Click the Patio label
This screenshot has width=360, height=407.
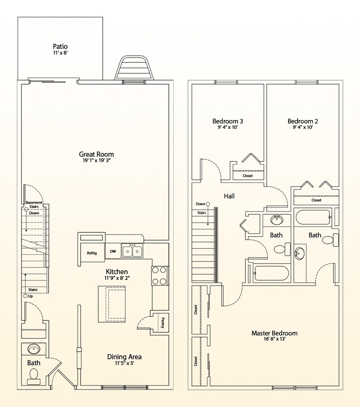(60, 47)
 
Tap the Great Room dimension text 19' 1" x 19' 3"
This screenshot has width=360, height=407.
(97, 161)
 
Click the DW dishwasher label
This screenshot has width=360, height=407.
(113, 251)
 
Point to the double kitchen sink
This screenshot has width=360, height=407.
(132, 251)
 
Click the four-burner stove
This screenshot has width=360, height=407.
(159, 276)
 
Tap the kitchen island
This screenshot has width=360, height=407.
(112, 304)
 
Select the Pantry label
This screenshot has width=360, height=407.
(163, 323)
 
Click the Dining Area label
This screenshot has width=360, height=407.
(124, 357)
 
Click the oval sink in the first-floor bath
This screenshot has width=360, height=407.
(34, 349)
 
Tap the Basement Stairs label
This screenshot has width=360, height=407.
(34, 205)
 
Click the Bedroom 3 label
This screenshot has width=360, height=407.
(228, 121)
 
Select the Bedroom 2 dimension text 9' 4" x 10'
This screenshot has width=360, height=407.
(303, 127)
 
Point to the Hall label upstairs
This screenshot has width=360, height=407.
(229, 196)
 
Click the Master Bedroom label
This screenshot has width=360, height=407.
(274, 333)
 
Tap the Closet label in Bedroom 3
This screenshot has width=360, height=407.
(248, 176)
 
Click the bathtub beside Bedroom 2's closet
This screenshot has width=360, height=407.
(314, 217)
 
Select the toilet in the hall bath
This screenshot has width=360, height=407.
(283, 249)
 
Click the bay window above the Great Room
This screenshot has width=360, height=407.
(133, 68)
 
